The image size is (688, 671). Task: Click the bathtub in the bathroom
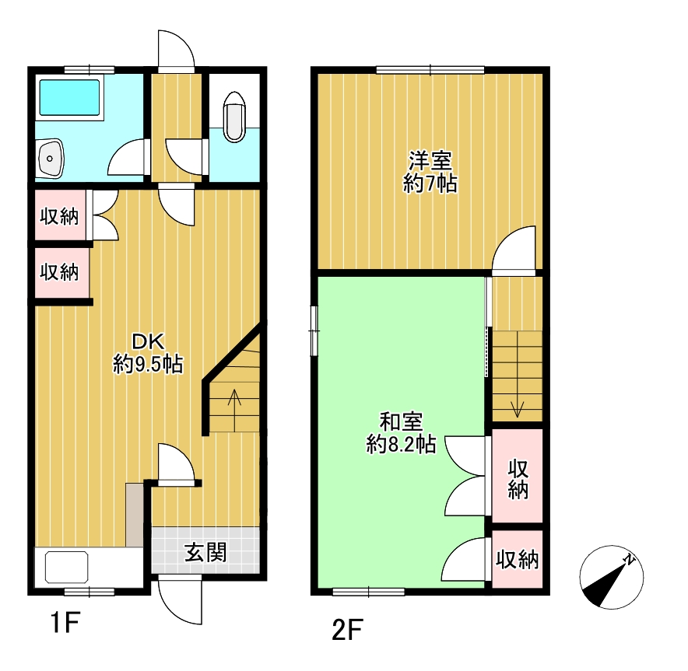pyautogui.click(x=71, y=97)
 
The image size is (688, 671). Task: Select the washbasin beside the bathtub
pyautogui.click(x=51, y=158)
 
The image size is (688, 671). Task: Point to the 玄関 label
pyautogui.click(x=205, y=552)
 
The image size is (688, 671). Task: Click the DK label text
pyautogui.click(x=148, y=341)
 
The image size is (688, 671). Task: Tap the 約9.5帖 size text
pyautogui.click(x=148, y=364)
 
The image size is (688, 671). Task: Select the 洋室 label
pyautogui.click(x=430, y=160)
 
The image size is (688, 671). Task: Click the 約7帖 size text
pyautogui.click(x=430, y=183)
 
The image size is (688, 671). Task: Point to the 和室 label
pyautogui.click(x=401, y=421)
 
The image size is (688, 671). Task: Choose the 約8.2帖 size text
pyautogui.click(x=401, y=445)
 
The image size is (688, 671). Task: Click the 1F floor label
pyautogui.click(x=65, y=622)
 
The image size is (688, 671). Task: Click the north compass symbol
pyautogui.click(x=611, y=577)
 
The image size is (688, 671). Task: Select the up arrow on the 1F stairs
pyautogui.click(x=234, y=411)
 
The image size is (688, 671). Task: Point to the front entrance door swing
pyautogui.click(x=181, y=601)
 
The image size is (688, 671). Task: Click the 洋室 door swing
pyautogui.click(x=514, y=250)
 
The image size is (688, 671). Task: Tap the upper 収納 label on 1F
pyautogui.click(x=59, y=216)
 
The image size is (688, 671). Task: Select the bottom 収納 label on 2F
pyautogui.click(x=518, y=559)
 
